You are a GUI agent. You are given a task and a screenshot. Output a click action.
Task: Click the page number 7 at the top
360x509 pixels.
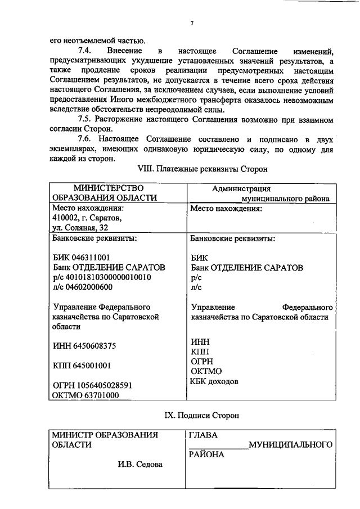(192, 23)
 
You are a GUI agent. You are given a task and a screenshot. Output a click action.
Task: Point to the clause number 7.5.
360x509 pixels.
(86, 120)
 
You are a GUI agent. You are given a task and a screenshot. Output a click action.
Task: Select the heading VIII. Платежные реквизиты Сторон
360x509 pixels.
(202, 168)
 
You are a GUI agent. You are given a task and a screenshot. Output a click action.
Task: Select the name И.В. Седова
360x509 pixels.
(140, 464)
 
